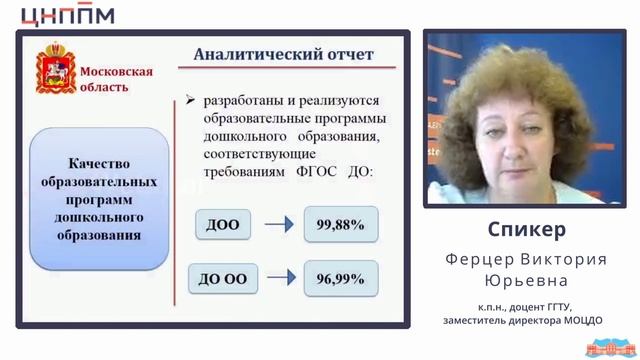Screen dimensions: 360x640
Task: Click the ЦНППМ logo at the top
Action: [x=67, y=14]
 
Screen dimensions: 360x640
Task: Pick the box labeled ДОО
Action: [x=222, y=225]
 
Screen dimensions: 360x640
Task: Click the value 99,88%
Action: [x=341, y=225]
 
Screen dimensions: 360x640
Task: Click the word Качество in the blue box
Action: [x=99, y=164]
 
